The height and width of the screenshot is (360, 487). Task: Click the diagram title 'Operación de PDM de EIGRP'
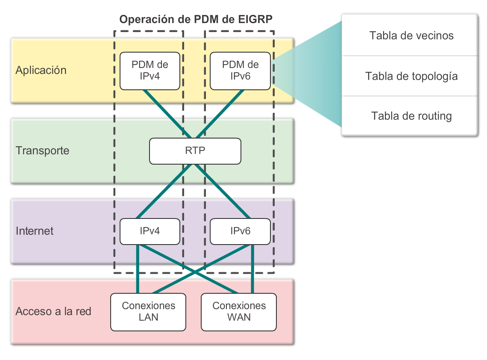tap(196, 19)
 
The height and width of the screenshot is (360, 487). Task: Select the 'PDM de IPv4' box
tap(150, 71)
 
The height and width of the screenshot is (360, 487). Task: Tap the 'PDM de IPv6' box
tap(240, 71)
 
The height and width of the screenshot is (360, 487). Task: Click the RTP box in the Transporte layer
tap(195, 151)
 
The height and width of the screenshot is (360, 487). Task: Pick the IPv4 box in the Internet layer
tap(150, 231)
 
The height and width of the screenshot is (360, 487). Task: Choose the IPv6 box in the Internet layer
tap(240, 231)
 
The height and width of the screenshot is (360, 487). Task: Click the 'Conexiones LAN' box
tap(148, 312)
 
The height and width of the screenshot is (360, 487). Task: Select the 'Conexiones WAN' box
tap(239, 312)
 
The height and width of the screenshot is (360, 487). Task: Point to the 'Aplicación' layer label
tap(41, 71)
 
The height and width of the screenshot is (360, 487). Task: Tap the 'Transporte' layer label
tap(42, 151)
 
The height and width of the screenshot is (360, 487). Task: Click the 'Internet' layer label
tap(35, 231)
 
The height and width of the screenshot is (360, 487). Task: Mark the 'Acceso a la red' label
tap(53, 312)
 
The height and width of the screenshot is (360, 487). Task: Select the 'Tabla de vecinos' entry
tap(411, 35)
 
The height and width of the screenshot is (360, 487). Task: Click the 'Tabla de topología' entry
tap(411, 76)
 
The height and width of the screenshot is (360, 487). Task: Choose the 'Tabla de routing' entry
tap(411, 116)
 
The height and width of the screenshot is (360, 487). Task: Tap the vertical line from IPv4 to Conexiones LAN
tap(137, 269)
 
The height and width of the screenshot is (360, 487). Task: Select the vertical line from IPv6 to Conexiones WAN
tap(252, 269)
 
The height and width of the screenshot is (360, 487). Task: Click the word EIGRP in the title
tap(258, 19)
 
